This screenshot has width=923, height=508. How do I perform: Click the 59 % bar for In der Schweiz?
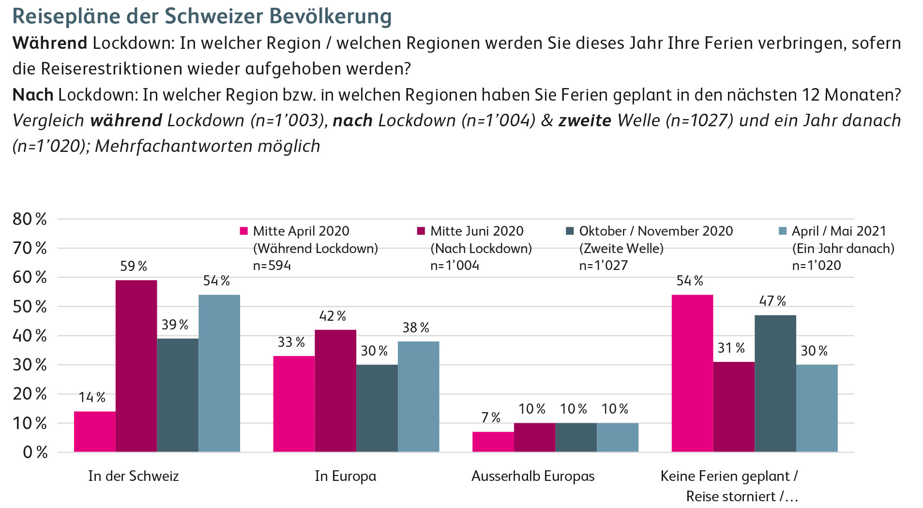click(136, 366)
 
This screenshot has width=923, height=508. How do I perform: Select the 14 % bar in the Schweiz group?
click(95, 432)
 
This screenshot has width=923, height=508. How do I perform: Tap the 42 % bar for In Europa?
click(335, 390)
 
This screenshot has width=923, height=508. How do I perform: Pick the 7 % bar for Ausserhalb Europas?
click(493, 442)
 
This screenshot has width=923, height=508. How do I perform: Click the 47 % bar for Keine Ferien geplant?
click(775, 383)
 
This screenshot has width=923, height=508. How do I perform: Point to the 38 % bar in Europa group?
click(419, 396)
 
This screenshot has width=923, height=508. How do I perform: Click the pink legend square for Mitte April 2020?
click(244, 231)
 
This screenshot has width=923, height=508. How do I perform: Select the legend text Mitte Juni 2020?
click(477, 231)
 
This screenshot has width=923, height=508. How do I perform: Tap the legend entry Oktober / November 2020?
click(656, 231)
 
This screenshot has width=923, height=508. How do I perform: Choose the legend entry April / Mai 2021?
click(838, 231)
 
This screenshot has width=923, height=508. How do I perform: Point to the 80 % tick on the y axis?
click(30, 219)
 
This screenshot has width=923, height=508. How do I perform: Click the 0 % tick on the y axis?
click(35, 452)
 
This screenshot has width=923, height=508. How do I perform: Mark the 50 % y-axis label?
click(30, 307)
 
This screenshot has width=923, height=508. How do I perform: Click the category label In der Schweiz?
click(134, 476)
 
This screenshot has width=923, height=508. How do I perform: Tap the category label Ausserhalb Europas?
click(533, 476)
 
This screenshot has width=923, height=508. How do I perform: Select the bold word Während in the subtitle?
click(50, 43)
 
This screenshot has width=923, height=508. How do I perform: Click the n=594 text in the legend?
click(272, 265)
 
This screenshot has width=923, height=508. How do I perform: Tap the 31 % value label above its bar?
click(731, 348)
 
